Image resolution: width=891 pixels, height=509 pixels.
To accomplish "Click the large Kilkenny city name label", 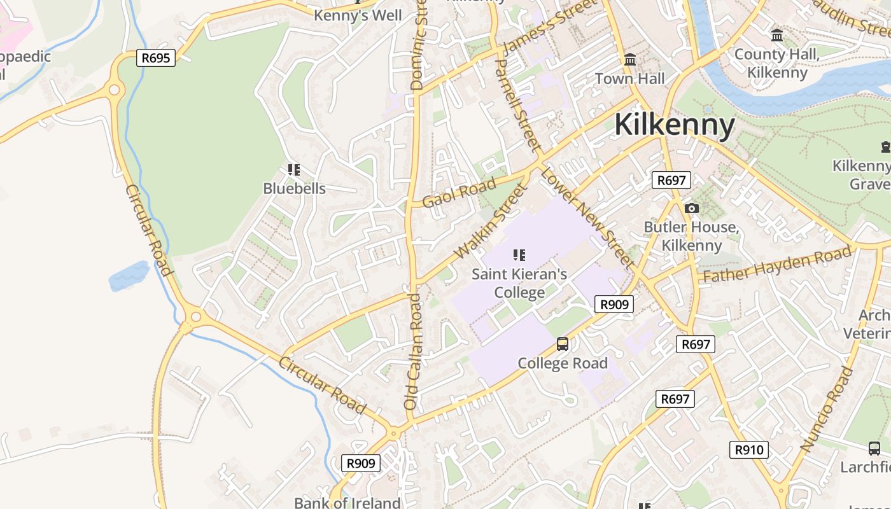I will (675, 125).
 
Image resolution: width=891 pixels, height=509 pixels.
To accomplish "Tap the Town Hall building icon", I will (630, 60).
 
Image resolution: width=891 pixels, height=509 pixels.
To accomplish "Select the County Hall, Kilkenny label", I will (776, 63).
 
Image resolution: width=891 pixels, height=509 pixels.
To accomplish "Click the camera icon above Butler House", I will (691, 208).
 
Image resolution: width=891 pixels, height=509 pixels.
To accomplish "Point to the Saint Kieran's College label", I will (519, 283).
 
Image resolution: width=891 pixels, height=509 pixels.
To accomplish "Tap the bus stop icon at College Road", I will (563, 344).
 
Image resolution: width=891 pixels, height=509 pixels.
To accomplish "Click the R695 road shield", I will (156, 58).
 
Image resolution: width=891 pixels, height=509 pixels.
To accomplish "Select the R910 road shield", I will (749, 450).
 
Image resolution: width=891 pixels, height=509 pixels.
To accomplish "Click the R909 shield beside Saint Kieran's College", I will (614, 304).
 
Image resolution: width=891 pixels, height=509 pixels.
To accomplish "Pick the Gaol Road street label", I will (459, 192).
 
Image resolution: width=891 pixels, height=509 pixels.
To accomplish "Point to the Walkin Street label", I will (491, 221).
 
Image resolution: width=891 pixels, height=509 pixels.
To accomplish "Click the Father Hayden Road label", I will (776, 265).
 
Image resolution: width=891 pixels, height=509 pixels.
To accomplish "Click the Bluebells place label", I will (294, 188).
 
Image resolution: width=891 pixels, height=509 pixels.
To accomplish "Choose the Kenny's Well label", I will (358, 15).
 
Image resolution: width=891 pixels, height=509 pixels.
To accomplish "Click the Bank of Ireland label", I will (347, 503).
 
